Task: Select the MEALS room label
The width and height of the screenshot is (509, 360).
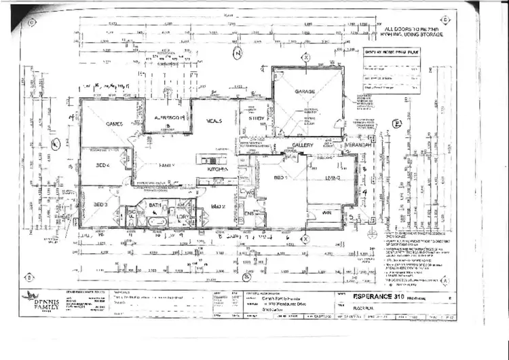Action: (x=216, y=120)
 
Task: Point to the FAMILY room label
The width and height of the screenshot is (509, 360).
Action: (x=167, y=165)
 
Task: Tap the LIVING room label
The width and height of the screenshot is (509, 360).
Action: (x=333, y=177)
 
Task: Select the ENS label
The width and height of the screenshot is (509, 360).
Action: (x=249, y=213)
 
